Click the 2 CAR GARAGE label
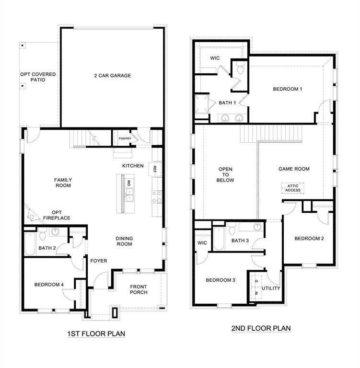click(x=112, y=75)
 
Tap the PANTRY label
click(x=125, y=138)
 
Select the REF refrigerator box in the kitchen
click(x=155, y=168)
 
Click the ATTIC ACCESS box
click(x=293, y=187)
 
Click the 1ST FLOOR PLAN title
click(x=97, y=333)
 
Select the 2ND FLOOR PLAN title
click(x=261, y=328)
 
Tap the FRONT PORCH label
click(x=138, y=289)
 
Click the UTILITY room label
click(x=270, y=288)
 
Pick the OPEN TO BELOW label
click(x=226, y=174)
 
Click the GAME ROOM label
click(x=294, y=169)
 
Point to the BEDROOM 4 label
click(x=49, y=285)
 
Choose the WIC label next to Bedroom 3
click(x=202, y=243)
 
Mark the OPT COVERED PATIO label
click(x=38, y=77)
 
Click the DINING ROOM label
click(x=124, y=241)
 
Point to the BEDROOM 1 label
click(x=288, y=89)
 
